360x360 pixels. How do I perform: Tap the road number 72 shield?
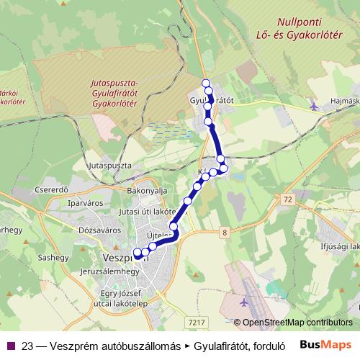coord(289,197)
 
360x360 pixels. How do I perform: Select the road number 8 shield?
coord(225,232)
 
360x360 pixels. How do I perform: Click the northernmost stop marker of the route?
coord(206,83)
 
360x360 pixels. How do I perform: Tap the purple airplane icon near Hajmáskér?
coord(312,107)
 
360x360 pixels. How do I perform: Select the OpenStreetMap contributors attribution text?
coord(297,322)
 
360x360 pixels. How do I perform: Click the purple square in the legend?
coord(12,345)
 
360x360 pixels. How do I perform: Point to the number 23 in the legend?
coord(28,345)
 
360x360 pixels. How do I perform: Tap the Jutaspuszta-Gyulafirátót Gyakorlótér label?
coord(115,93)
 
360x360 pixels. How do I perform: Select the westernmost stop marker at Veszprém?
coord(137,253)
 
